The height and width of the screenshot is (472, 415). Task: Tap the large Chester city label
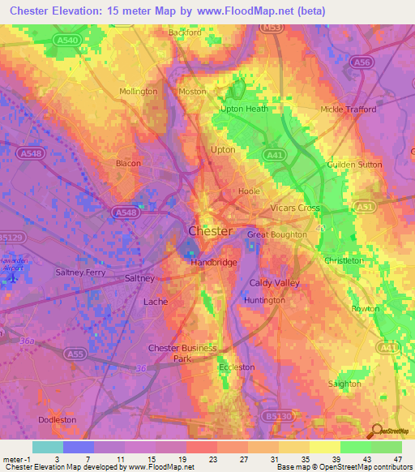pyautogui.click(x=210, y=231)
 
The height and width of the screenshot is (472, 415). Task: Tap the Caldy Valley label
pyautogui.click(x=274, y=283)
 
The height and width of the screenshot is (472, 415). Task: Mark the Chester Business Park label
pyautogui.click(x=183, y=353)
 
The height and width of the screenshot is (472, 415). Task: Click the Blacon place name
pyautogui.click(x=129, y=163)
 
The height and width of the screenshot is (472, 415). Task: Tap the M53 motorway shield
pyautogui.click(x=271, y=28)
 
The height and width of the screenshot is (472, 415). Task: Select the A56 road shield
pyautogui.click(x=361, y=62)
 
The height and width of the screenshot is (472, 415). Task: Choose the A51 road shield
pyautogui.click(x=366, y=208)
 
